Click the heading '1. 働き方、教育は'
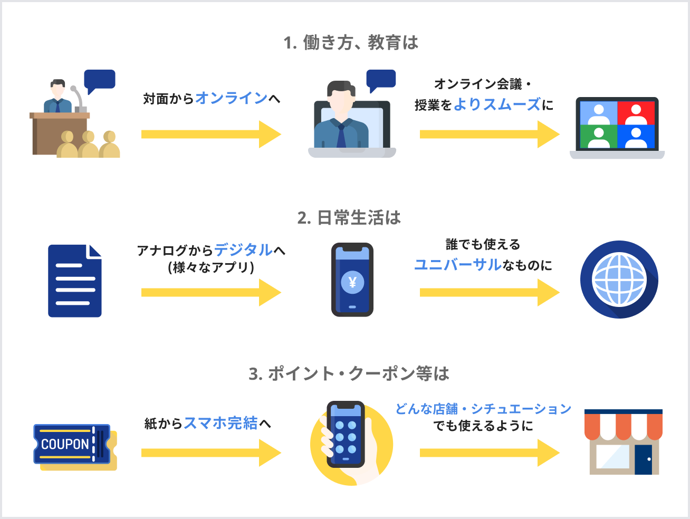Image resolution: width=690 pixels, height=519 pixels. click(x=350, y=43)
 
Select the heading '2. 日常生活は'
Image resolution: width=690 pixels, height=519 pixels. click(x=349, y=218)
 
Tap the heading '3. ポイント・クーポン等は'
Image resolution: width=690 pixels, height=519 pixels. click(x=349, y=374)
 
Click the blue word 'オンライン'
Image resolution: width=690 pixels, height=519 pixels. click(x=231, y=98)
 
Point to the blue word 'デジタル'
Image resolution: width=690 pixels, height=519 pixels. click(x=243, y=249)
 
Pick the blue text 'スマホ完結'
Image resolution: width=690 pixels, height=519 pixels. click(x=221, y=423)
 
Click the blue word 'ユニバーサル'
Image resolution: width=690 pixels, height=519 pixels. click(x=457, y=264)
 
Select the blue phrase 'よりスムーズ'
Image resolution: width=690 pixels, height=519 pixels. click(x=497, y=104)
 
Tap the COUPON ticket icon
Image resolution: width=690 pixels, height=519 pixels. click(x=74, y=446)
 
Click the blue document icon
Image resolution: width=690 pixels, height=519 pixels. click(x=74, y=281)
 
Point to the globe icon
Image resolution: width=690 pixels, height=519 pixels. click(x=619, y=280)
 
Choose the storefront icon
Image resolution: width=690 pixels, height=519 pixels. click(x=623, y=442)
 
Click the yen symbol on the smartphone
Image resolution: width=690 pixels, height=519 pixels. click(x=352, y=282)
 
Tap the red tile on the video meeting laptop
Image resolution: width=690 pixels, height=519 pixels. click(x=636, y=112)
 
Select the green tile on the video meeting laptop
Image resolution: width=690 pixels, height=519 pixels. click(x=599, y=136)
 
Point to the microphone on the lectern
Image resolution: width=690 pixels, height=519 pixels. click(x=78, y=98)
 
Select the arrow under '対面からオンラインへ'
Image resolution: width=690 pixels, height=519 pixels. click(x=211, y=134)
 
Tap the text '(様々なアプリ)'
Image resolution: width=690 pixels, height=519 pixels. click(x=211, y=267)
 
